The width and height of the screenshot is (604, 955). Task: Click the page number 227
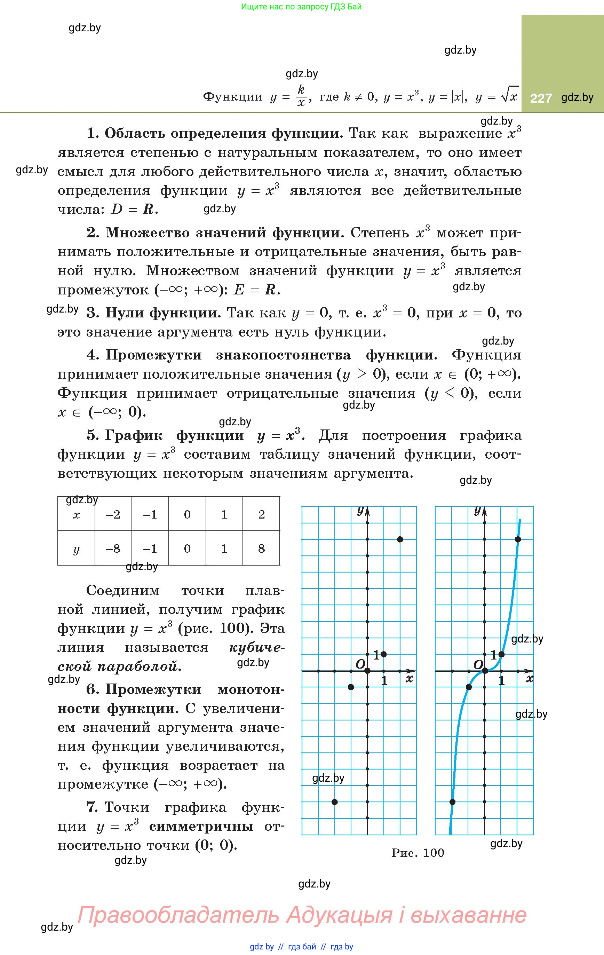pos(541,98)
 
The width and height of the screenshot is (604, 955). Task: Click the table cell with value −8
pos(113,548)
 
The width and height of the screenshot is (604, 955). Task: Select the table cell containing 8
pos(261,548)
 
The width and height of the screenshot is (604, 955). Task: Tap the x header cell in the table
pos(77,515)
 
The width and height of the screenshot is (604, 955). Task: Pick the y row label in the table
pos(77,549)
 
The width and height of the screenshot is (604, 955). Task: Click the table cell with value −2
pos(113,515)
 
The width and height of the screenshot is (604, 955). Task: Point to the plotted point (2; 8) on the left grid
pos(400,539)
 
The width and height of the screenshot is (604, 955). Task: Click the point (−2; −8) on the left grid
pos(334,802)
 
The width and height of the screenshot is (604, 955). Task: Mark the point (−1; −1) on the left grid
pos(351,687)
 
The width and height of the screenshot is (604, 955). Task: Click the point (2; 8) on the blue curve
pos(518,539)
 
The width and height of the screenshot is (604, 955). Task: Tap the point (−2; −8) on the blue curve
pos(452,802)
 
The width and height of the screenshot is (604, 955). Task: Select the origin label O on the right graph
pos(478,664)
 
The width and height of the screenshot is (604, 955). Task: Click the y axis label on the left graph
pos(360,511)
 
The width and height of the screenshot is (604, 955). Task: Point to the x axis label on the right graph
pos(530,679)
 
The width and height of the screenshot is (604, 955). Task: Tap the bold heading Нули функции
pos(162,313)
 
